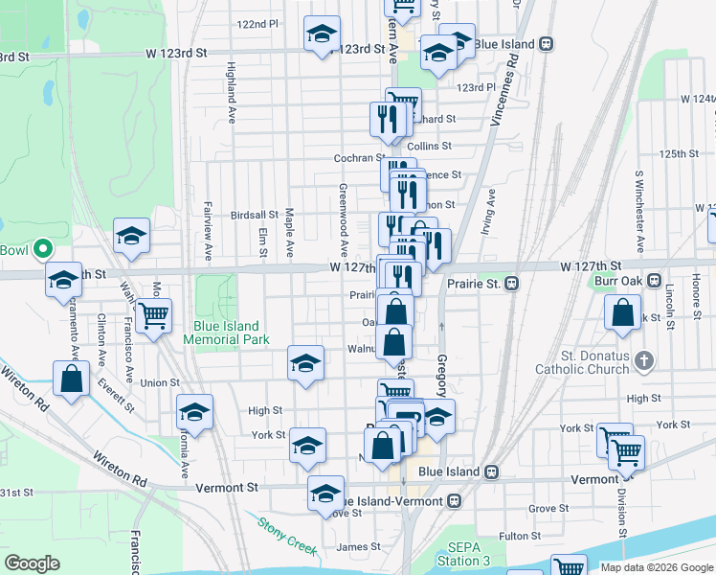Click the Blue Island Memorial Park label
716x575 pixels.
point(227,333)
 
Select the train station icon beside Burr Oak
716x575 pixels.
point(654,282)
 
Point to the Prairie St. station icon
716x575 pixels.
point(512,283)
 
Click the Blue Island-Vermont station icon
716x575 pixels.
point(455,501)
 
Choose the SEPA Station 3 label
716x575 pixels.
point(463,554)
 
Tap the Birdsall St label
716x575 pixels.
point(254,216)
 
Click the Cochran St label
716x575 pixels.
point(359,157)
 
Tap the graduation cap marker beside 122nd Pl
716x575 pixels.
point(322,34)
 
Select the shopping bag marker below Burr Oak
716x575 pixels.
point(622,311)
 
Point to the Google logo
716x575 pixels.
point(33,563)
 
